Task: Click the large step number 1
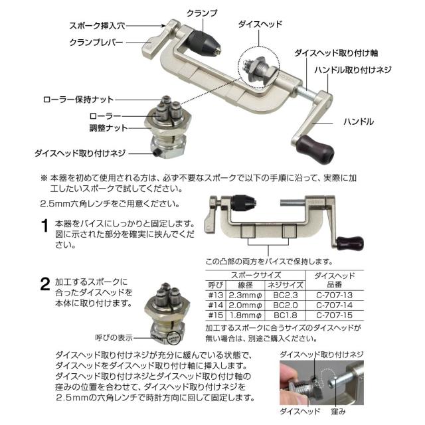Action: (44, 226)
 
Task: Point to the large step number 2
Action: (44, 285)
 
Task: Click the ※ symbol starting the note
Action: (44, 179)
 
